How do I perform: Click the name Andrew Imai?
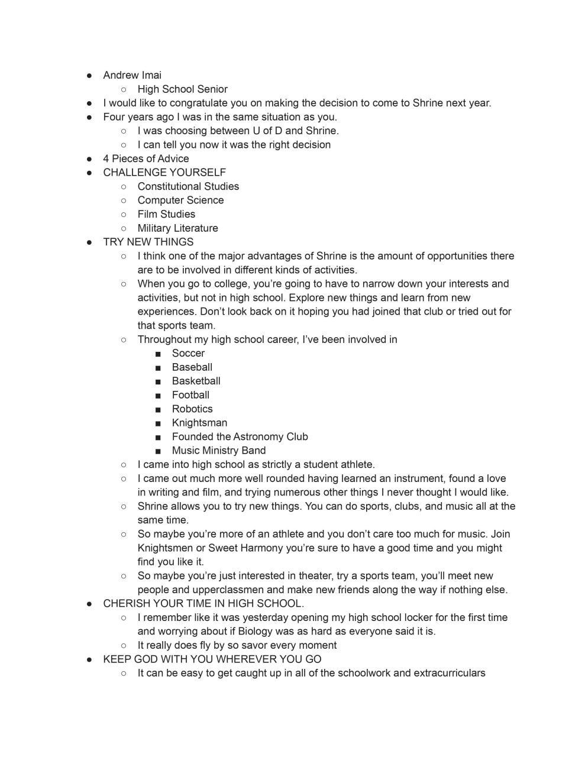(x=132, y=75)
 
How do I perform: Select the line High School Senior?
(x=182, y=89)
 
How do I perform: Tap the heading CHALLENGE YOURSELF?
(x=164, y=173)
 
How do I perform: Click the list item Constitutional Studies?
(x=188, y=186)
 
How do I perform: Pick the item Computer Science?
(x=180, y=200)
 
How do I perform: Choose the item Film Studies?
(x=166, y=214)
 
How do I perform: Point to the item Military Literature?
(x=177, y=228)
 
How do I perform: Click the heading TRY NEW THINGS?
(x=148, y=242)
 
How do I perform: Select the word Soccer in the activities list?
(x=188, y=353)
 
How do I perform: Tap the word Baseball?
(x=192, y=367)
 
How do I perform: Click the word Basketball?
(x=196, y=381)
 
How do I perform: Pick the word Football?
(x=190, y=395)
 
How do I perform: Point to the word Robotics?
(x=192, y=409)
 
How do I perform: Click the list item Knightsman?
(x=199, y=423)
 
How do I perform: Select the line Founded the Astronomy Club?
(x=240, y=436)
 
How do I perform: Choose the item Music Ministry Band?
(x=219, y=451)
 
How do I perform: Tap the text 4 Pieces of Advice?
(x=146, y=158)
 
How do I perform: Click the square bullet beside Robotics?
(x=158, y=409)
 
